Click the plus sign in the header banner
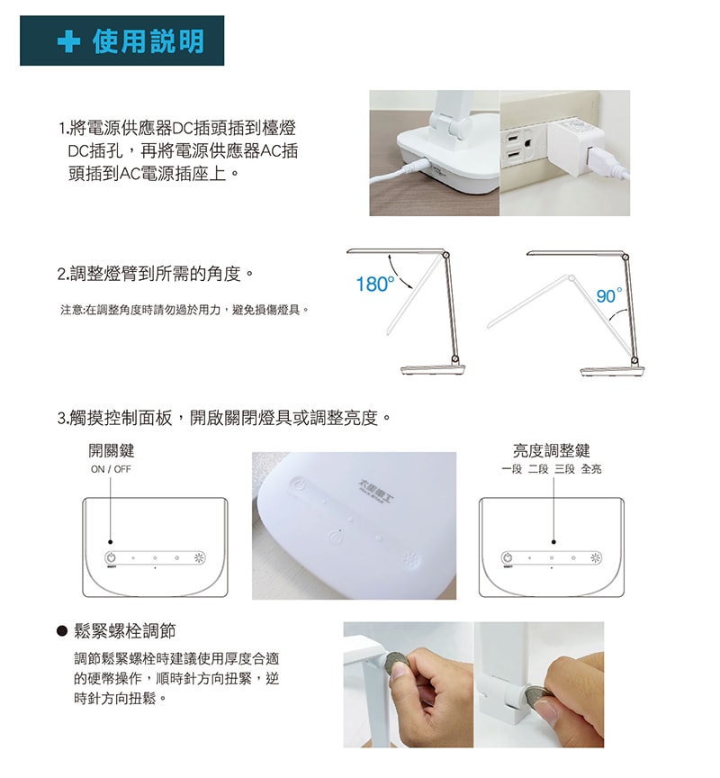[68, 41]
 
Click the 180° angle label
[375, 285]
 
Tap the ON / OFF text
[111, 469]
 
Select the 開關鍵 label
[112, 450]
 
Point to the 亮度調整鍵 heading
[552, 450]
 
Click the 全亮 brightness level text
[591, 469]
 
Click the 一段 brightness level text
[512, 469]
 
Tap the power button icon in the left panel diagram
[112, 557]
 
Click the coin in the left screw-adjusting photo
[395, 663]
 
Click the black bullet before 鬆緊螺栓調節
[62, 631]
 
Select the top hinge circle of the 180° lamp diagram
[445, 255]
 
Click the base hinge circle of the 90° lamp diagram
[634, 359]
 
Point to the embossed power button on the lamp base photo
[299, 484]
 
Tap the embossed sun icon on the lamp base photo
[410, 560]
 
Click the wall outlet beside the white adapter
[518, 148]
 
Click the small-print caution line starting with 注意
[184, 311]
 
